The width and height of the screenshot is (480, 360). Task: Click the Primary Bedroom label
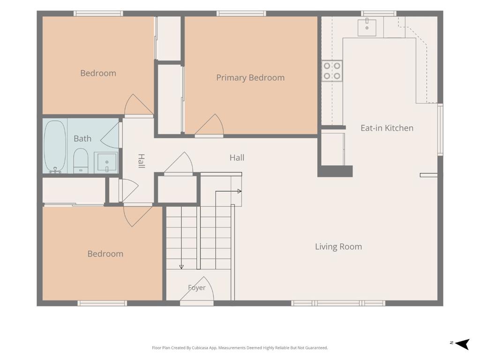click(250, 78)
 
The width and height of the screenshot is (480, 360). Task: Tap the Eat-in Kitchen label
click(387, 128)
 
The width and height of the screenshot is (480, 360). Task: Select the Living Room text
click(338, 247)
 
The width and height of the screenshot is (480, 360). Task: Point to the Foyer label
click(196, 288)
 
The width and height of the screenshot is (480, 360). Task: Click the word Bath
click(82, 139)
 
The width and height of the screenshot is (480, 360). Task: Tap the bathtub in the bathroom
click(55, 147)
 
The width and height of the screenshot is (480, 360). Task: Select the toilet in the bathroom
click(81, 161)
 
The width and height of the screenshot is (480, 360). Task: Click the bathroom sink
click(106, 162)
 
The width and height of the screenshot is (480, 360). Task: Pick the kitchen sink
click(367, 27)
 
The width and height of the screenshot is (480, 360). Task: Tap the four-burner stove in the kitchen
click(332, 71)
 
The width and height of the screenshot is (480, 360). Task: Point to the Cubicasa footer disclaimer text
click(240, 348)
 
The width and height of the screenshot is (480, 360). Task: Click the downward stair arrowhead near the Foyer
click(181, 267)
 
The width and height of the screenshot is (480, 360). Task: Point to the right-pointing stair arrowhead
click(240, 191)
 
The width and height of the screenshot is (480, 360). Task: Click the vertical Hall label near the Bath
click(141, 161)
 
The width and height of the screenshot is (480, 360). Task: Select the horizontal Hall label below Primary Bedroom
click(237, 158)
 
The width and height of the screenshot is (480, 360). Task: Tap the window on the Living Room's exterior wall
click(338, 303)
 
